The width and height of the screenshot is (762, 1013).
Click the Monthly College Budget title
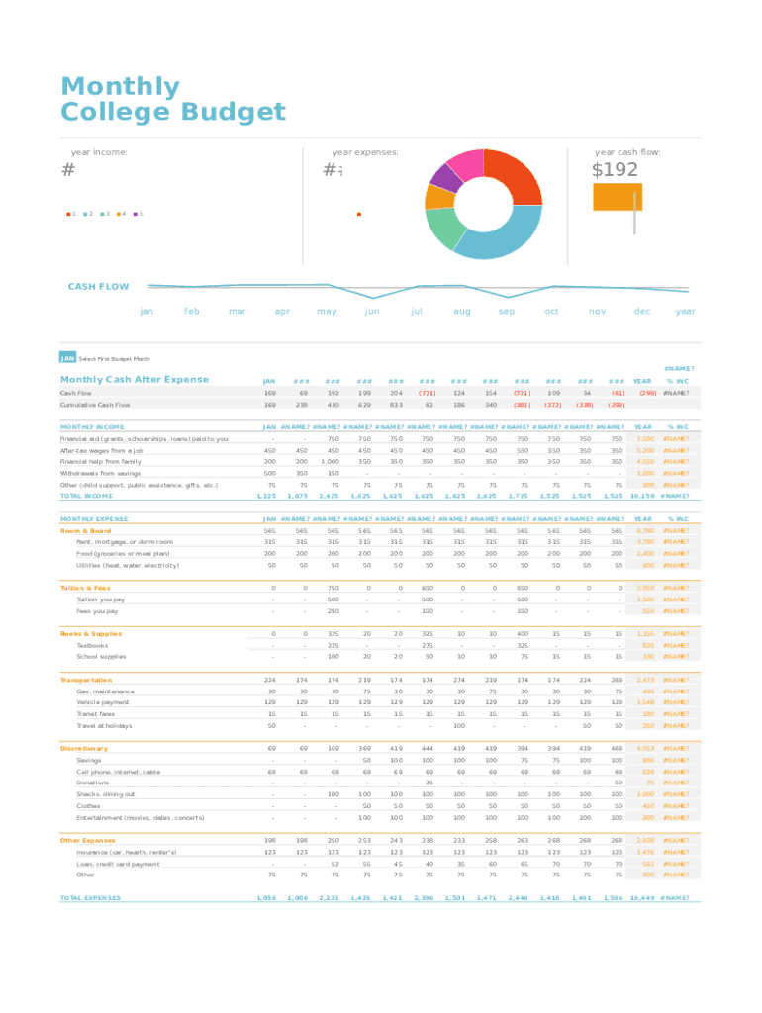coord(172,99)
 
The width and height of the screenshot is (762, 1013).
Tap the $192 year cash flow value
coord(615,170)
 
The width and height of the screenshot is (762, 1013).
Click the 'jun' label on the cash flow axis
coord(372,311)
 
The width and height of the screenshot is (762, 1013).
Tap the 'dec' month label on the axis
coord(642,311)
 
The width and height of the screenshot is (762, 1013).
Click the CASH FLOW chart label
coord(98,287)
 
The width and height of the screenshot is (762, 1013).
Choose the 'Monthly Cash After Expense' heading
coord(135,380)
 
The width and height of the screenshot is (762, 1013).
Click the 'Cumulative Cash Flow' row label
coord(95,405)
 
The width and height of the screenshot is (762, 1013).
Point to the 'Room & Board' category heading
coord(86,530)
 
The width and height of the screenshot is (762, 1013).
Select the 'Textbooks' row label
coord(92,645)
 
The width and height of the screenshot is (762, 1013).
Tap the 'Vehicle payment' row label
coord(102,702)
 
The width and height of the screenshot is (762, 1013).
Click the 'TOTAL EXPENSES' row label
coord(90,898)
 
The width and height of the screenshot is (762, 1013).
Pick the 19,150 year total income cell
coord(643,496)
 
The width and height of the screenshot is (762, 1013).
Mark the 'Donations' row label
coord(93,783)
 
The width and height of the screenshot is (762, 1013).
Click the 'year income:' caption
coord(99,152)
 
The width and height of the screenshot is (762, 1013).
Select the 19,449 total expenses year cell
coord(643,898)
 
